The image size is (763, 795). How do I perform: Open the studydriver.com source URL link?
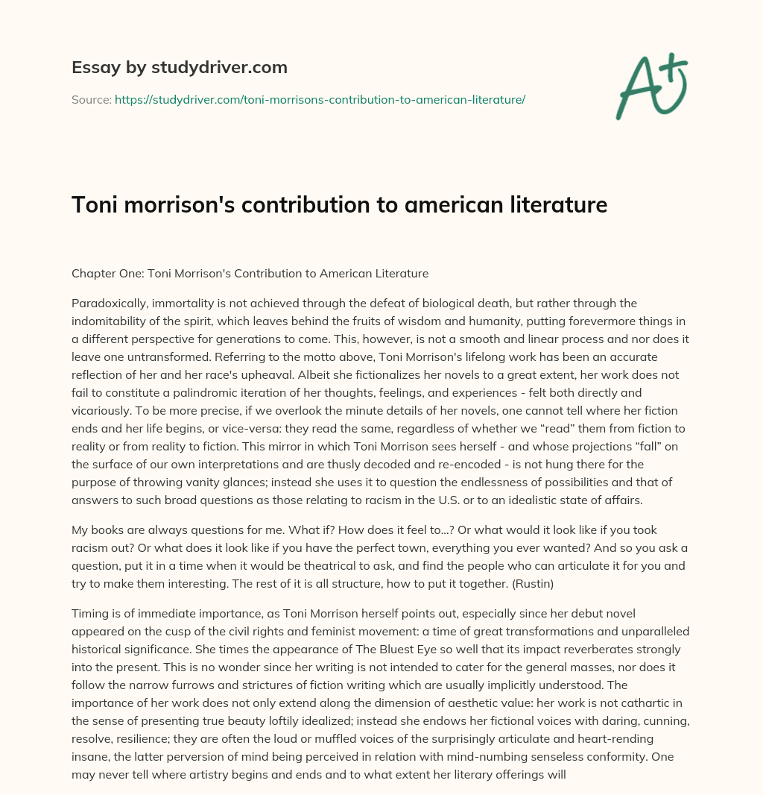[x=320, y=99]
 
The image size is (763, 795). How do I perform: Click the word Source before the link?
[x=90, y=99]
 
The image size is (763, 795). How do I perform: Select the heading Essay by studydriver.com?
[x=179, y=67]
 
